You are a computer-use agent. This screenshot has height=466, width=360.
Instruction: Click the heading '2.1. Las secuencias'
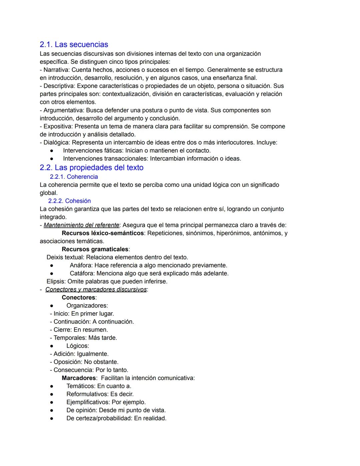(x=74, y=44)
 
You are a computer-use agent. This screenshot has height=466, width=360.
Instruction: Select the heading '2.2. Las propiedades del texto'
(x=91, y=167)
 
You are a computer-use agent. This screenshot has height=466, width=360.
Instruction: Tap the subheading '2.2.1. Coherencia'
(x=74, y=177)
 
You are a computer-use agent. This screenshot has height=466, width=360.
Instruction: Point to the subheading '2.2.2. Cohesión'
(x=69, y=201)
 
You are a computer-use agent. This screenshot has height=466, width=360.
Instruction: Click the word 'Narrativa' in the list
(x=56, y=70)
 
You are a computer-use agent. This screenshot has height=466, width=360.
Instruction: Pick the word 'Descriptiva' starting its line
(x=58, y=86)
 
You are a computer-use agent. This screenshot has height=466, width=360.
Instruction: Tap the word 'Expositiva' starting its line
(x=57, y=126)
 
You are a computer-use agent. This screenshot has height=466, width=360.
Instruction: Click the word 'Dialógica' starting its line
(x=56, y=142)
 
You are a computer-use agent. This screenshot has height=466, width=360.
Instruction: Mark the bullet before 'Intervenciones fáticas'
(x=52, y=151)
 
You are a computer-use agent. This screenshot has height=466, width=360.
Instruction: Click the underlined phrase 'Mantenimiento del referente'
(x=81, y=225)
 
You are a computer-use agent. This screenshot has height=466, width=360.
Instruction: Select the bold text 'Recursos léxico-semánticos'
(x=103, y=233)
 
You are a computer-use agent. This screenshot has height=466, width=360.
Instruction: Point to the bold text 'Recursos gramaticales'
(x=95, y=249)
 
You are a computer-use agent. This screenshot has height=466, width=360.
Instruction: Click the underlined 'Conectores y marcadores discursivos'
(x=96, y=290)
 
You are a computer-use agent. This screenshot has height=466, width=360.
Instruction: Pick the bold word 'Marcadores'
(x=79, y=378)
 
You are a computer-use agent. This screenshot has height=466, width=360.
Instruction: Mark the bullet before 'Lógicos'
(x=52, y=346)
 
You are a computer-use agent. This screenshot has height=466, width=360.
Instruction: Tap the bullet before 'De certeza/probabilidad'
(x=52, y=418)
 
